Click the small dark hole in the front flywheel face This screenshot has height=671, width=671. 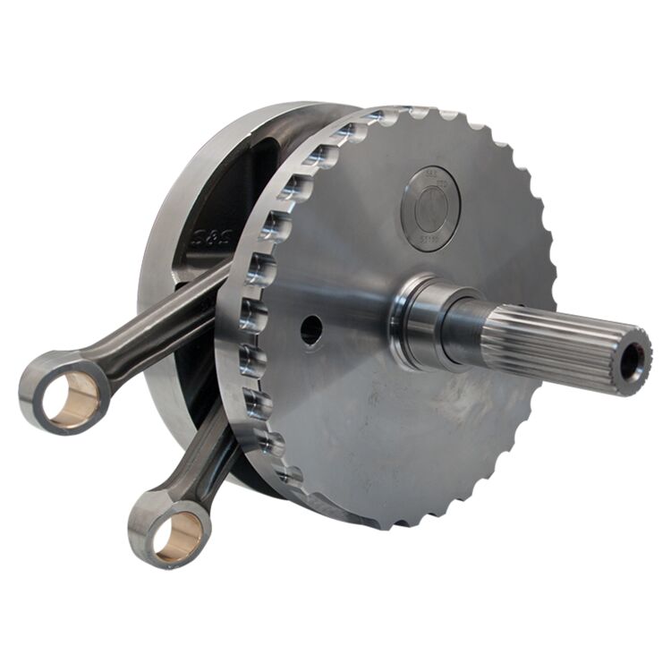[310, 330]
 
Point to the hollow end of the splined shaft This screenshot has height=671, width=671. [633, 360]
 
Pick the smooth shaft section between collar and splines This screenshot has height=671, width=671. [465, 331]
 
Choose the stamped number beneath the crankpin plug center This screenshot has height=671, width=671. [430, 240]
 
